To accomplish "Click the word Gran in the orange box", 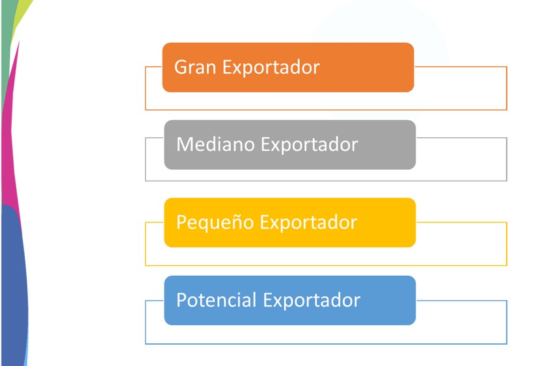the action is click(195, 67).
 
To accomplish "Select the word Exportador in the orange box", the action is click(271, 68).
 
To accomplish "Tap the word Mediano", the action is click(215, 144).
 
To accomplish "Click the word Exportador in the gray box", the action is click(310, 145).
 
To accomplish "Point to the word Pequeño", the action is click(215, 223).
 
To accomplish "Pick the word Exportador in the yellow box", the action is click(309, 223).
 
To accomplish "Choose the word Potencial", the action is click(217, 300).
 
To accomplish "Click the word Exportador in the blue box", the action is click(312, 300).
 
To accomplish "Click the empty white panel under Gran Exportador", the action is click(326, 101).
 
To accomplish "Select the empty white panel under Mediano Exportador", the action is click(326, 176).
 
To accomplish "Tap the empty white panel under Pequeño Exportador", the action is click(326, 257).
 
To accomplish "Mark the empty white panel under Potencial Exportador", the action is click(326, 335).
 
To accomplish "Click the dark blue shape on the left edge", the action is click(14, 286).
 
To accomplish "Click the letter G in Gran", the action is click(180, 67).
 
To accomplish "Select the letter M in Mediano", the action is click(184, 144).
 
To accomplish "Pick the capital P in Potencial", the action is click(181, 300).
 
